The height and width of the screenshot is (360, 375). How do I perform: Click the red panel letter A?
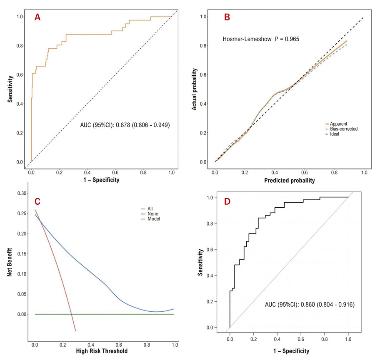(37, 17)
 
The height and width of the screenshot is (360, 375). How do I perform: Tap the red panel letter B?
(227, 17)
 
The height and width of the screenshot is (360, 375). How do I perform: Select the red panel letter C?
(37, 201)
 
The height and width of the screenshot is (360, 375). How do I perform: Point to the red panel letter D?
(227, 201)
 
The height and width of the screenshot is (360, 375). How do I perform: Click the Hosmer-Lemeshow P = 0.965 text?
(261, 39)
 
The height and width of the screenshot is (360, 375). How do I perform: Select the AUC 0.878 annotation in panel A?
(125, 125)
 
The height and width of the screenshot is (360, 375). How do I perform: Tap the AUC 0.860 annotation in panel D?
(310, 305)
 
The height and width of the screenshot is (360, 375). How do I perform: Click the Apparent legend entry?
(337, 124)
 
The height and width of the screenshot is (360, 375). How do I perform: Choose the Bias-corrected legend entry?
(342, 129)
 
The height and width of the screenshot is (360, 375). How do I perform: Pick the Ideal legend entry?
(332, 134)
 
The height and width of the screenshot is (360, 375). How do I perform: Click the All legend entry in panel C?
(147, 209)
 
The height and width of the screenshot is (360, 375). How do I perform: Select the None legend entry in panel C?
(150, 214)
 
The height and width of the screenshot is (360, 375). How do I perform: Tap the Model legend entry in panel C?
(151, 219)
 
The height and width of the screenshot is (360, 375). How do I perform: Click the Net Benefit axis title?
(9, 262)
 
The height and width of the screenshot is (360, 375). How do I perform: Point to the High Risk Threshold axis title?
(102, 351)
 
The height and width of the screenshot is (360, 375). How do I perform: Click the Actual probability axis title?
(194, 89)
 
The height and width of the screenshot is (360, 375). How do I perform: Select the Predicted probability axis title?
(290, 180)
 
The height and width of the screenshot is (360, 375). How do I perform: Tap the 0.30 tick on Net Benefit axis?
(22, 193)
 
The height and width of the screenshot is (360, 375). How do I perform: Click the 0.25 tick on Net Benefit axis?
(22, 214)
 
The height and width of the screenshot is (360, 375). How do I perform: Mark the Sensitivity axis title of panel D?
(200, 262)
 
